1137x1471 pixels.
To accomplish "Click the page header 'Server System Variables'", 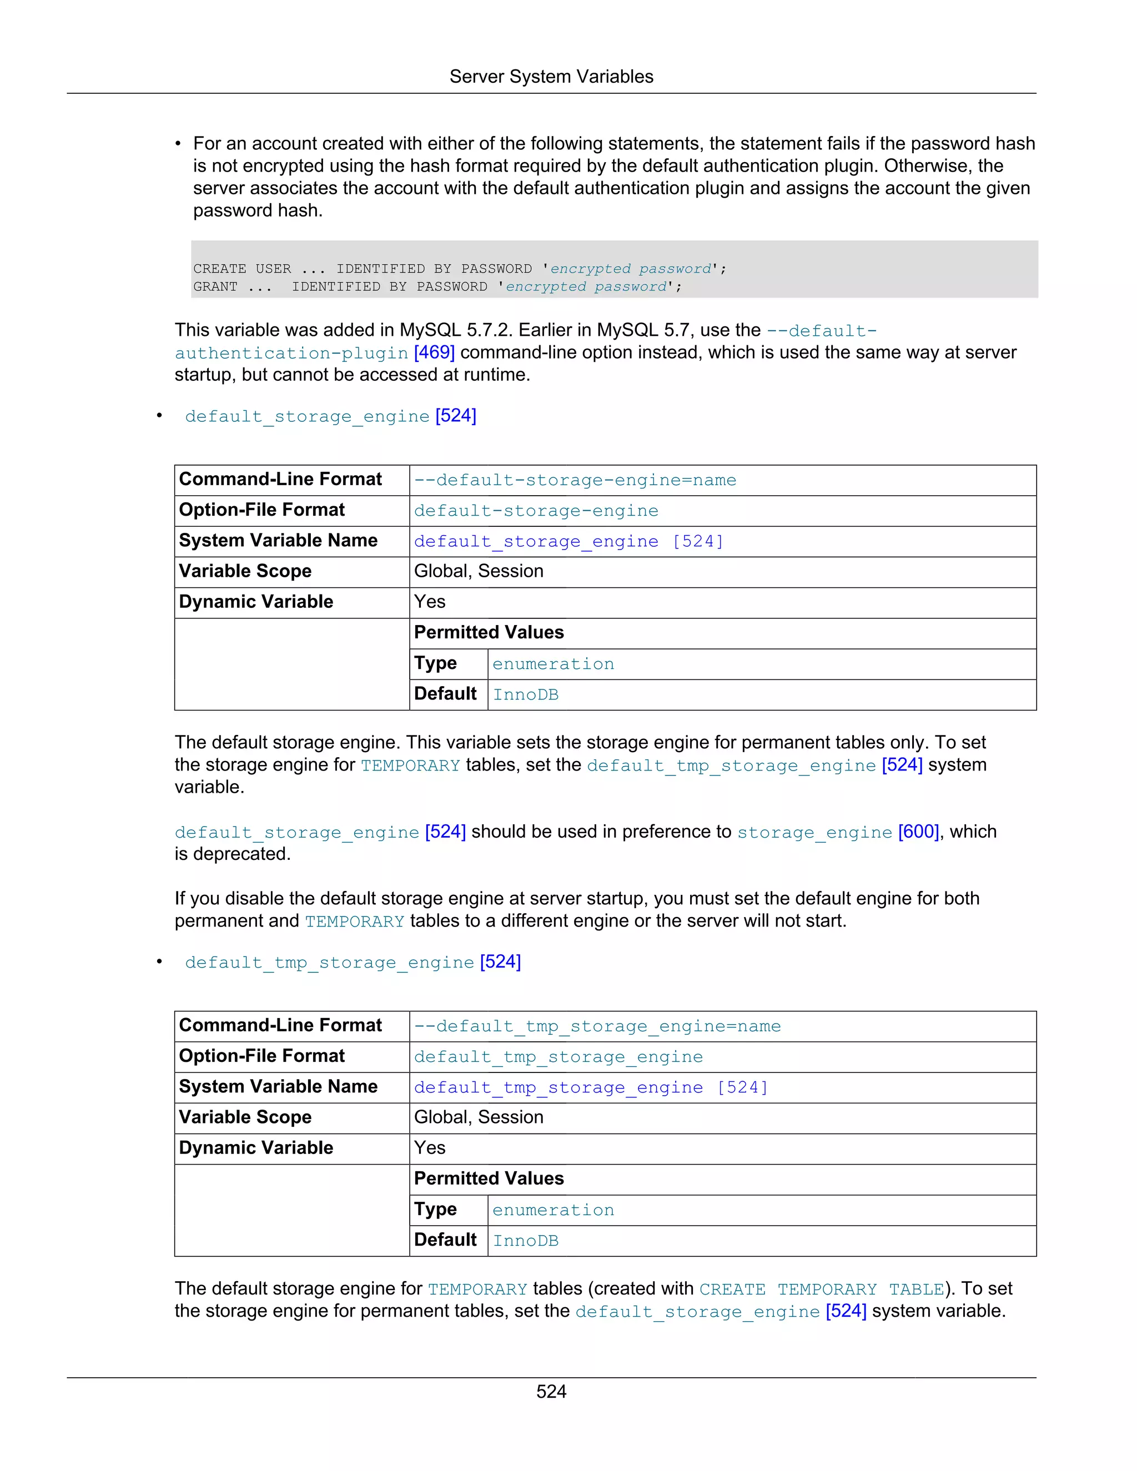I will pos(551,77).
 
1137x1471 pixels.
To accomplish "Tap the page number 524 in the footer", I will pos(551,1392).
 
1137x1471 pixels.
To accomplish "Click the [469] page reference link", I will pos(434,352).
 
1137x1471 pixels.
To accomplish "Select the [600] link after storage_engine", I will pos(918,832).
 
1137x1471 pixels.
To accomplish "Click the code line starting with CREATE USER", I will pos(459,269).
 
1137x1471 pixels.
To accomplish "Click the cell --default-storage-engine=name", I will pos(575,480).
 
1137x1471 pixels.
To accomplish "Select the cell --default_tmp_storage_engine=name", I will pos(597,1026).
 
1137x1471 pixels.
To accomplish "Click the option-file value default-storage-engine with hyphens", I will pos(536,511).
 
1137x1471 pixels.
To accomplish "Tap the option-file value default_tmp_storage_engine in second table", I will pos(558,1057).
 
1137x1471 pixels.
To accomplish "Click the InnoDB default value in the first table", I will pos(525,695).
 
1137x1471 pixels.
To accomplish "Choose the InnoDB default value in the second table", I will pos(525,1241).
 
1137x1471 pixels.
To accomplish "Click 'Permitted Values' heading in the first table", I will pos(489,632).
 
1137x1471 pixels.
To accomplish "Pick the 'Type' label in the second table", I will pos(435,1210).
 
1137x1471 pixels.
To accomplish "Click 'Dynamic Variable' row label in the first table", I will pos(256,602).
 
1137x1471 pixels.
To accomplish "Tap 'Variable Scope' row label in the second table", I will pos(245,1117).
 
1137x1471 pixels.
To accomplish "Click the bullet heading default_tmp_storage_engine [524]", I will pos(353,963).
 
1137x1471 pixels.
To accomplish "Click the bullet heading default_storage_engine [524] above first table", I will pos(330,416).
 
